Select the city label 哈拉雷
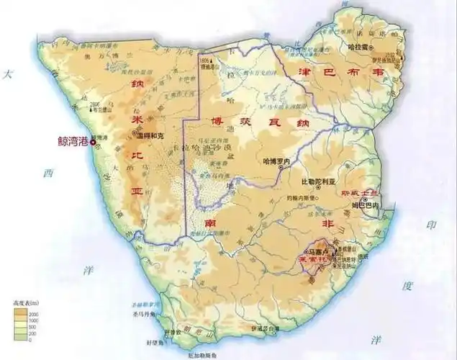tap(358, 45)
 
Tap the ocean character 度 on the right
tap(408, 287)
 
